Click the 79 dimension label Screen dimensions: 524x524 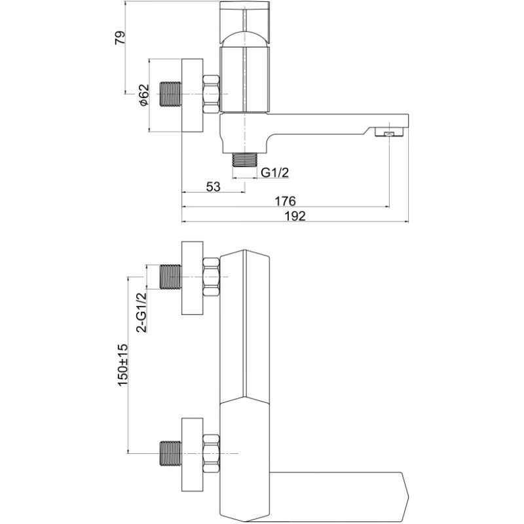120,37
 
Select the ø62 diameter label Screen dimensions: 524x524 143,95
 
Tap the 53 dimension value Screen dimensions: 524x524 214,186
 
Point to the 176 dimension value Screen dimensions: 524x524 285,201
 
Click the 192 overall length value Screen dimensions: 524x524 295,216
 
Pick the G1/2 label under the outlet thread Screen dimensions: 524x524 274,173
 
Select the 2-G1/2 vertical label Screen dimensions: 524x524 141,312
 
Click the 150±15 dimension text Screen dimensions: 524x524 122,365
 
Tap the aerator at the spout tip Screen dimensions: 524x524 388,134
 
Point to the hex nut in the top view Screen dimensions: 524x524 211,94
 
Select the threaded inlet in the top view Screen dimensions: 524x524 170,94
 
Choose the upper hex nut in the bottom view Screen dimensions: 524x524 211,276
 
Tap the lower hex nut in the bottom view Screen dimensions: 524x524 211,453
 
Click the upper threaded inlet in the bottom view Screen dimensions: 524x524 170,276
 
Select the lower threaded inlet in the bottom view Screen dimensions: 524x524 170,453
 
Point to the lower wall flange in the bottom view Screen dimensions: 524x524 192,453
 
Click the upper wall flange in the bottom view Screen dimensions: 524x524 192,278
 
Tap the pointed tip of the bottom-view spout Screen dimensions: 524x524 410,493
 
